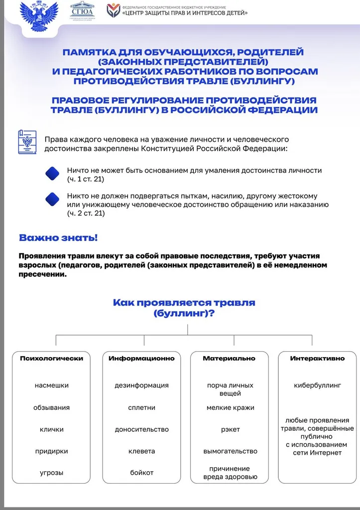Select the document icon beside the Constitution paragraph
[x=27, y=142]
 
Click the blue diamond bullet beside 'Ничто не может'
[x=52, y=173]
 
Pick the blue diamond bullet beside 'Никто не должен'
[x=52, y=199]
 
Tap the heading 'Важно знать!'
[x=58, y=238]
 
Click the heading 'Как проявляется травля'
[x=184, y=302]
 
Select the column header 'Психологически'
[x=51, y=358]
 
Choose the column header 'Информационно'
[x=141, y=358]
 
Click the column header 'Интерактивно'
[x=317, y=358]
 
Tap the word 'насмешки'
[x=52, y=385]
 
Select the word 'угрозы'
[x=52, y=473]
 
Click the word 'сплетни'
[x=141, y=407]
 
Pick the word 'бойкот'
[x=141, y=473]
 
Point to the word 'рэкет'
[x=230, y=429]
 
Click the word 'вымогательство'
[x=230, y=451]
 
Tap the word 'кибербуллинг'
[x=317, y=385]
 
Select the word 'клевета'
[x=141, y=451]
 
